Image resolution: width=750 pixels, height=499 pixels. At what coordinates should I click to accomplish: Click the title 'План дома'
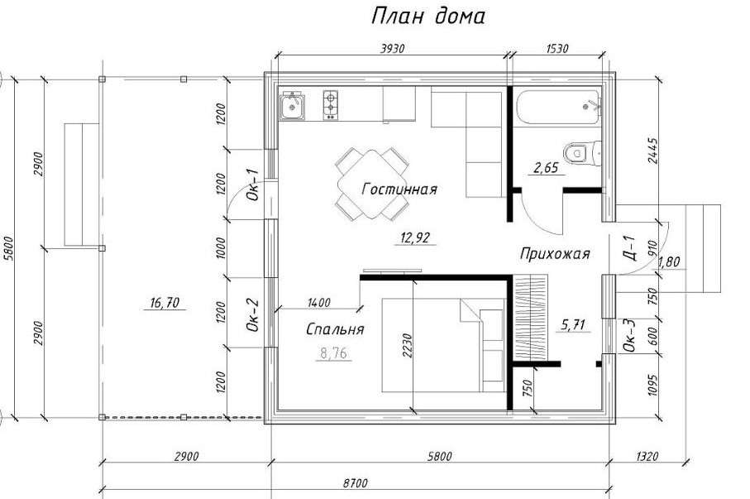428,16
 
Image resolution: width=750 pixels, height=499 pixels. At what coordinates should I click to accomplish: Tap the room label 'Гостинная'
399,190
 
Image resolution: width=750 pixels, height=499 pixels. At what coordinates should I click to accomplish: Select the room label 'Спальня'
335,329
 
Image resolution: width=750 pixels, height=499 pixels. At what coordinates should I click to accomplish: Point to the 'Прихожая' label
555,253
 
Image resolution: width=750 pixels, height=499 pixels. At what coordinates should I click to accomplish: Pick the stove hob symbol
331,105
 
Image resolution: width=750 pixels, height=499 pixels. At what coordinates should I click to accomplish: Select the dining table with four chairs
372,184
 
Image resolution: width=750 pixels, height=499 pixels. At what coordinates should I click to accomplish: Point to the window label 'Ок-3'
630,335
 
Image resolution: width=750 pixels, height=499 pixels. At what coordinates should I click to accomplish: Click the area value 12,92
416,237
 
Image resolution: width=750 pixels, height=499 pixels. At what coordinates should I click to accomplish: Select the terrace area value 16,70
165,303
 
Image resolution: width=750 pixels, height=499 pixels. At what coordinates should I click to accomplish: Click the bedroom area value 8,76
334,353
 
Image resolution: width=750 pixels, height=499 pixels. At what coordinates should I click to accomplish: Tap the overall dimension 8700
356,482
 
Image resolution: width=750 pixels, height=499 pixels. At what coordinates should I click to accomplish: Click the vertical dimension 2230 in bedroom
407,345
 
